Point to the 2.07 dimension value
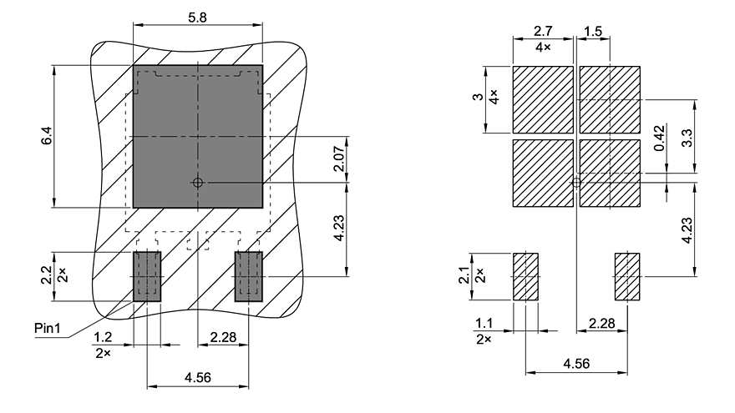pos(338,159)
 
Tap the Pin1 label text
pos(48,328)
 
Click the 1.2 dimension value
pos(103,338)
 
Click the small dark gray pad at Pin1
pos(147,275)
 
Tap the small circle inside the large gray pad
pos(197,182)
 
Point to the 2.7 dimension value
pos(542,32)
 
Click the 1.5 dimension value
pos(593,32)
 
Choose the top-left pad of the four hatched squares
pos(543,99)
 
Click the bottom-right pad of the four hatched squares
pos(610,174)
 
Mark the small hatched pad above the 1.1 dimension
pos(525,276)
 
